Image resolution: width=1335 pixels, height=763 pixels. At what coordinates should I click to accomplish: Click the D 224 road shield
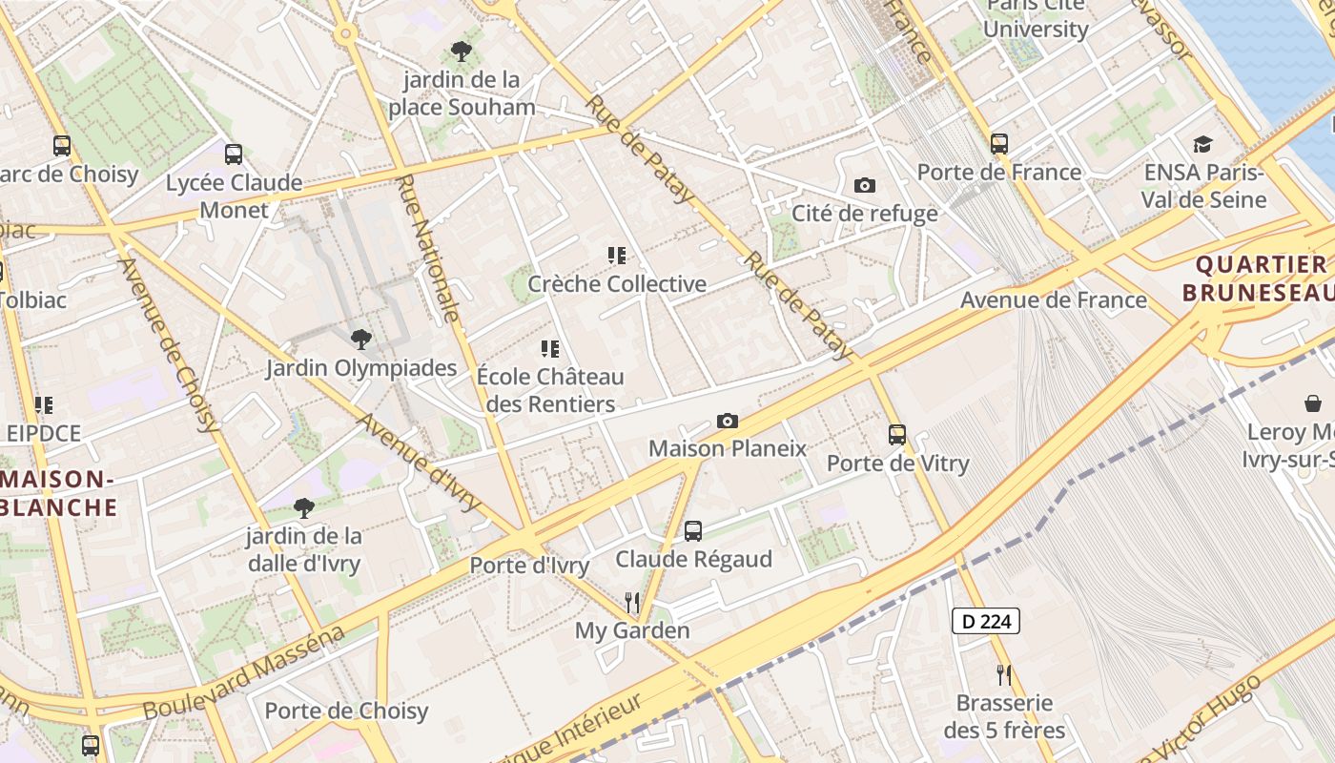pos(986,622)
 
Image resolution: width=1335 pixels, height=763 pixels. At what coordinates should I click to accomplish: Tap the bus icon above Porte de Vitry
pos(897,435)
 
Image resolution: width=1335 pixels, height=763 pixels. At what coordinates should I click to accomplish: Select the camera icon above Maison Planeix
pos(727,421)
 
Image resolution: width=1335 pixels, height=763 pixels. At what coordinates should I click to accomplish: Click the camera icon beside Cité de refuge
pos(865,185)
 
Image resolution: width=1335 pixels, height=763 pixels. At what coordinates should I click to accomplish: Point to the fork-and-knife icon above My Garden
pos(631,602)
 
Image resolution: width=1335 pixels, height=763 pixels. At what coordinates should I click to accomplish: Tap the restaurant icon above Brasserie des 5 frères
pos(1003,675)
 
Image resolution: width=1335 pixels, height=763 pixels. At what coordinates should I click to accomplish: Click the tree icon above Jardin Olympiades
pos(360,339)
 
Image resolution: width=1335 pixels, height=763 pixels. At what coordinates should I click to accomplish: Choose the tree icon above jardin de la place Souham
pos(462,52)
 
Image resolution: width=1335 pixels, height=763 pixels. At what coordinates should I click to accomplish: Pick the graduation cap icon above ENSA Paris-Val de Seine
pos(1203,144)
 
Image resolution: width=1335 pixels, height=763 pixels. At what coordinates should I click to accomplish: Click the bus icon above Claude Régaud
pos(693,531)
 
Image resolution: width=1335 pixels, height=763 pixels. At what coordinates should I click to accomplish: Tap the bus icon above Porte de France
pos(999,144)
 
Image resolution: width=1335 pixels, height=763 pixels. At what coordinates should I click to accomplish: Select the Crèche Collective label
pos(617,283)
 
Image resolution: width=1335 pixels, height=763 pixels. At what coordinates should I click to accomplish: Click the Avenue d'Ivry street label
pos(419,463)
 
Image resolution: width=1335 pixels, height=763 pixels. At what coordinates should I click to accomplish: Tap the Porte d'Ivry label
pos(529,565)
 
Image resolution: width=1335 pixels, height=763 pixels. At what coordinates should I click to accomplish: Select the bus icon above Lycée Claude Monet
pos(234,154)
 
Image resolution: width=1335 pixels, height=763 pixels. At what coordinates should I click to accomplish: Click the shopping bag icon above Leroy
pos(1313,403)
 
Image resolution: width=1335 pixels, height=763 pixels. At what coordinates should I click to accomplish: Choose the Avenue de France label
pos(1053,299)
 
